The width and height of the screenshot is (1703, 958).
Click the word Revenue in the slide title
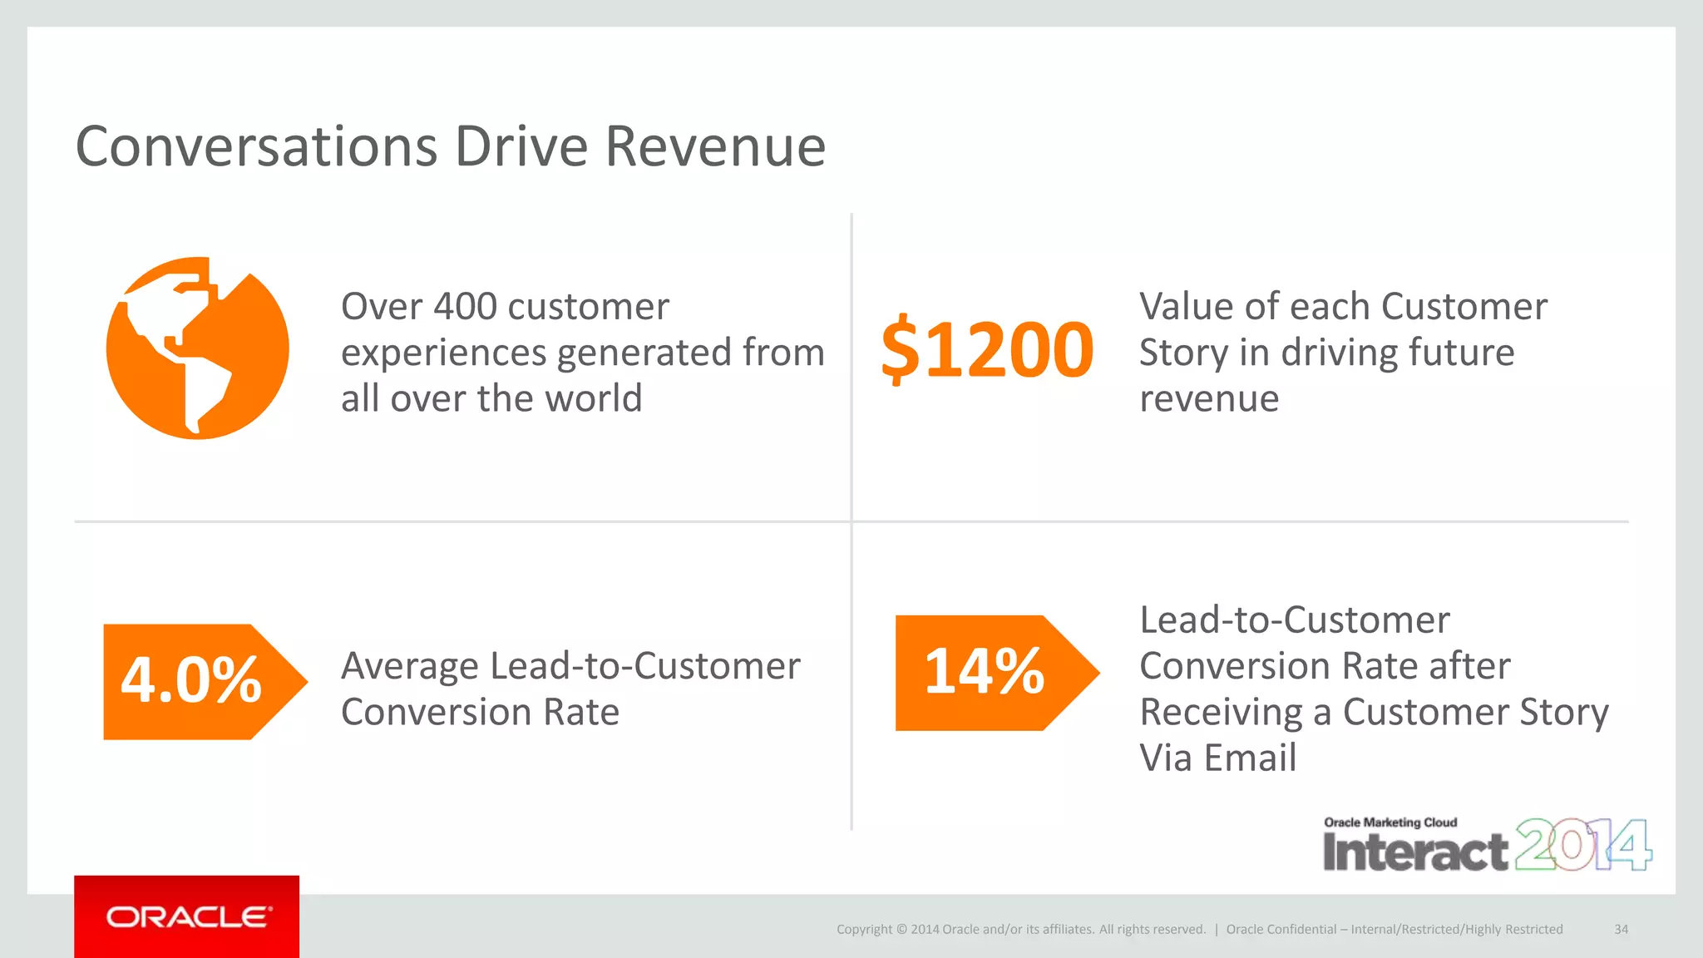point(715,146)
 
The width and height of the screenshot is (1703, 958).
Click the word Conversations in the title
point(256,146)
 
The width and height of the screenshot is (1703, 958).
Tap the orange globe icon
point(198,348)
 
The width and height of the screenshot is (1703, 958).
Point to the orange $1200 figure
point(987,350)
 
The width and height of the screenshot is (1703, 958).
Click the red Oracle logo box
point(186,916)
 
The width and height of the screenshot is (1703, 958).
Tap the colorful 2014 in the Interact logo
point(1583,845)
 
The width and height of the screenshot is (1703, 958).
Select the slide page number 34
point(1621,929)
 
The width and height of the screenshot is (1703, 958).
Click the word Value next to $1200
point(1186,307)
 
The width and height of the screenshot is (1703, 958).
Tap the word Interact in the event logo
point(1414,852)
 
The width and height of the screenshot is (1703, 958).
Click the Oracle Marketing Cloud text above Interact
point(1390,822)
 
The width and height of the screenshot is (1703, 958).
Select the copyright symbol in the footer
point(901,929)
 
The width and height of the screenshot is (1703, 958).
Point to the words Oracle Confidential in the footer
point(1281,929)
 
